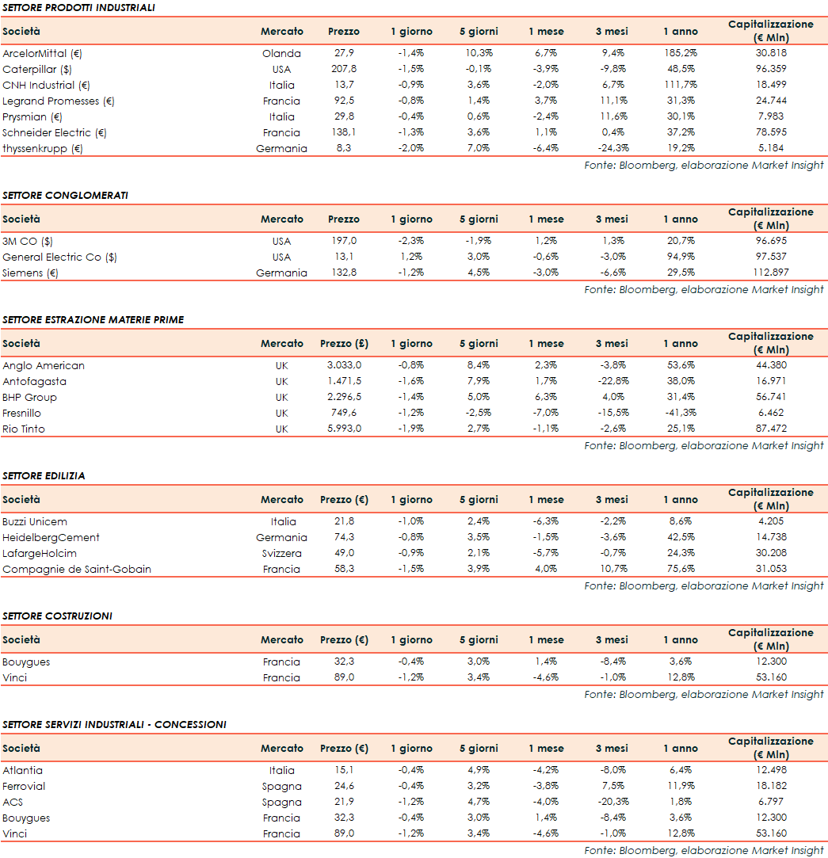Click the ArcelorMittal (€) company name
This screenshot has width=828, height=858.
pyautogui.click(x=43, y=54)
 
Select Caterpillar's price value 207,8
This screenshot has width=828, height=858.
pyautogui.click(x=343, y=70)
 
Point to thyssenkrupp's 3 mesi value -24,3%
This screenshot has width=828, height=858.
pyautogui.click(x=612, y=149)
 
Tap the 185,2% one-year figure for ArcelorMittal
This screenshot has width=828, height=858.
pyautogui.click(x=681, y=54)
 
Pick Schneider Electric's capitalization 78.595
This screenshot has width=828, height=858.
pyautogui.click(x=770, y=133)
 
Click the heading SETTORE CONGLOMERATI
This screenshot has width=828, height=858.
pyautogui.click(x=65, y=196)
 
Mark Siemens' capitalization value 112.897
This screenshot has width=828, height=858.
pyautogui.click(x=770, y=273)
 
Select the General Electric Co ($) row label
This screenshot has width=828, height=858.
pyautogui.click(x=59, y=257)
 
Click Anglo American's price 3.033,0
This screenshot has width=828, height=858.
pyautogui.click(x=344, y=366)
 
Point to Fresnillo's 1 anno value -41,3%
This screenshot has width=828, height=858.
pyautogui.click(x=681, y=414)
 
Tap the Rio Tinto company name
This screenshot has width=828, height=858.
pyautogui.click(x=24, y=429)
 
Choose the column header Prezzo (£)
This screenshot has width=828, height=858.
pyautogui.click(x=344, y=344)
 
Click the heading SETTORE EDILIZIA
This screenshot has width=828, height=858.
pyautogui.click(x=44, y=476)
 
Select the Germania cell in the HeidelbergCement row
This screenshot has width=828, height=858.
pyautogui.click(x=281, y=538)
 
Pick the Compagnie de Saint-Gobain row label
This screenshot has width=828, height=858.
pyautogui.click(x=77, y=570)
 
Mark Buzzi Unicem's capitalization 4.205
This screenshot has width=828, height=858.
pyautogui.click(x=770, y=522)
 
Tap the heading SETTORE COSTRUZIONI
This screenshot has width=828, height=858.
pyautogui.click(x=57, y=616)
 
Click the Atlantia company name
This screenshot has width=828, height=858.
pyautogui.click(x=23, y=771)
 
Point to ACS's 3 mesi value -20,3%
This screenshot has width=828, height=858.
pyautogui.click(x=612, y=803)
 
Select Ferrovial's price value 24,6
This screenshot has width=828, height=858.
pyautogui.click(x=344, y=787)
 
